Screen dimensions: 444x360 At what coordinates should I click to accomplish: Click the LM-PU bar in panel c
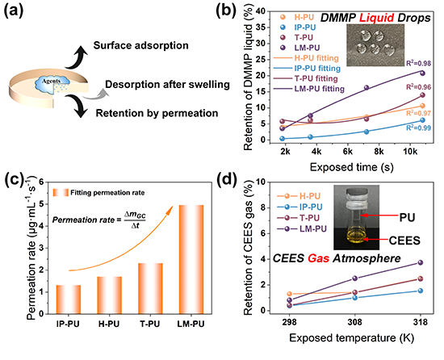pyautogui.click(x=191, y=259)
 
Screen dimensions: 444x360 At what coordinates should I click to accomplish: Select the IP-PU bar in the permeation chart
pyautogui.click(x=69, y=299)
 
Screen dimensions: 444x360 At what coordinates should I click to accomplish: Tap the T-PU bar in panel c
pyautogui.click(x=150, y=288)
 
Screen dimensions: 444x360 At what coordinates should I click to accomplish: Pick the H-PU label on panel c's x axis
pyautogui.click(x=109, y=324)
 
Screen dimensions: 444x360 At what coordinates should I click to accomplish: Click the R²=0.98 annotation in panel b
pyautogui.click(x=418, y=63)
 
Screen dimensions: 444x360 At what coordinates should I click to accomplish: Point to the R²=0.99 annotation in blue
pyautogui.click(x=418, y=128)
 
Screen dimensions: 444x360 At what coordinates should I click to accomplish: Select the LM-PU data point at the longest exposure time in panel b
pyautogui.click(x=422, y=73)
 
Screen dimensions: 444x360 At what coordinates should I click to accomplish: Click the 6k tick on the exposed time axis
pyautogui.click(x=347, y=152)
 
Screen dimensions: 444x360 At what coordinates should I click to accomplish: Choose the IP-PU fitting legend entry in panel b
pyautogui.click(x=307, y=69)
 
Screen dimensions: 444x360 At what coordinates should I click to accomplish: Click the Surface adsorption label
pyautogui.click(x=141, y=45)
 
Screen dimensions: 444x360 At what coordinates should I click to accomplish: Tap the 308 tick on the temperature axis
pyautogui.click(x=355, y=322)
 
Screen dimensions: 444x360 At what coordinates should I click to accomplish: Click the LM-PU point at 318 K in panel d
pyautogui.click(x=421, y=262)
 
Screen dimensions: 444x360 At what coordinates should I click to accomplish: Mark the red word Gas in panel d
pyautogui.click(x=318, y=258)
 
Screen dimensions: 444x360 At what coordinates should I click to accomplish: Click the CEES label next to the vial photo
pyautogui.click(x=404, y=241)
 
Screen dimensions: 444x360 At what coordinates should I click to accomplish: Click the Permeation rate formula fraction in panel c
pyautogui.click(x=135, y=220)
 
